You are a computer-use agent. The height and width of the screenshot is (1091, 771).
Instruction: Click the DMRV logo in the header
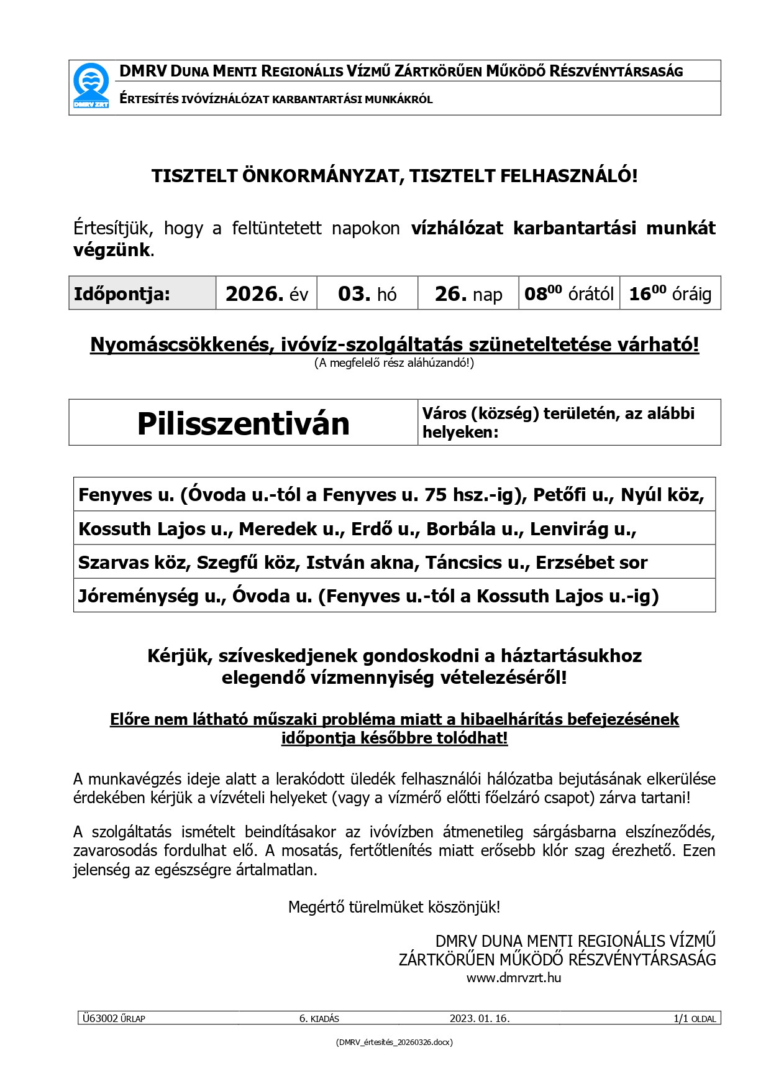point(91,86)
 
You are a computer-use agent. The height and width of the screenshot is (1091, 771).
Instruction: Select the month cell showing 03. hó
point(367,293)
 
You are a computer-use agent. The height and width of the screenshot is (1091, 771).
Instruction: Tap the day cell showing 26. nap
point(468,293)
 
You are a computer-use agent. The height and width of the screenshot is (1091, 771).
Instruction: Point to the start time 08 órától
point(568,293)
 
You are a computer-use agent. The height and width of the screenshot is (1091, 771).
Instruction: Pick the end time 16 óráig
point(670,293)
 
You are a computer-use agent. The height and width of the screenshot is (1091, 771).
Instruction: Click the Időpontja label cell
point(122,294)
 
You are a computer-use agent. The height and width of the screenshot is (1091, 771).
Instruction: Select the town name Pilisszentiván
point(243,424)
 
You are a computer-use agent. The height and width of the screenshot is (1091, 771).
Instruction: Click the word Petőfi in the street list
point(559,495)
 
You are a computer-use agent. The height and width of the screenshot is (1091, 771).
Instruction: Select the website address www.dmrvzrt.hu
point(514,978)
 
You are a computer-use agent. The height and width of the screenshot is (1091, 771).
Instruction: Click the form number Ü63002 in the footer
point(100,1018)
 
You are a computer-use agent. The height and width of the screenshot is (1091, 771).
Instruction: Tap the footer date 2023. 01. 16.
point(480,1018)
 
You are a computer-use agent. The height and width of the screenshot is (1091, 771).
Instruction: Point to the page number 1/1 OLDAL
point(695,1018)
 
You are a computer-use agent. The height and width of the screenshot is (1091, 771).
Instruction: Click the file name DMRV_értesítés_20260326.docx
point(394,1043)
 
